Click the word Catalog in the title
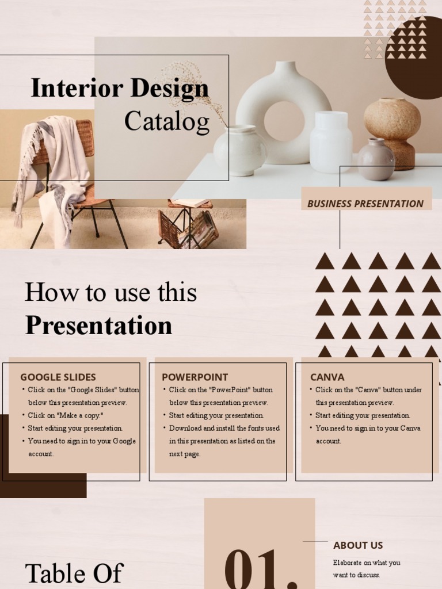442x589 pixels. (167, 121)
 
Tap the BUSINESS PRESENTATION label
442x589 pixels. (365, 204)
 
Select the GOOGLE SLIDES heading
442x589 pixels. (58, 377)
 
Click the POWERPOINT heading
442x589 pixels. (195, 377)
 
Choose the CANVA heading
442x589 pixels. (327, 377)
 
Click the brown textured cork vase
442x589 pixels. (393, 130)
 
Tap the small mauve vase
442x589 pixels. (376, 159)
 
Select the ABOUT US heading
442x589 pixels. (357, 545)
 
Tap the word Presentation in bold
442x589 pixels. (98, 326)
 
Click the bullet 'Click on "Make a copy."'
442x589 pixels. (66, 415)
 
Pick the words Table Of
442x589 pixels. (74, 573)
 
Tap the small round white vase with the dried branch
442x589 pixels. (240, 151)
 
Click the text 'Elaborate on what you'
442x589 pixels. (367, 563)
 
